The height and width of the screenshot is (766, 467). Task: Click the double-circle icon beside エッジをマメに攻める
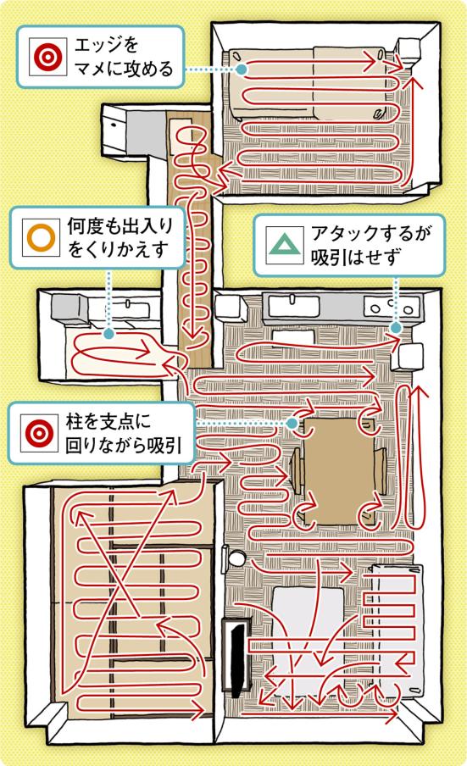click(47, 57)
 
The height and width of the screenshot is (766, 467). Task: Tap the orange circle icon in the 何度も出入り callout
click(41, 237)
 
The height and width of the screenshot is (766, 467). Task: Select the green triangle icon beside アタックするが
click(285, 245)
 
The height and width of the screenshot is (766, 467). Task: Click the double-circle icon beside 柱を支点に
click(39, 433)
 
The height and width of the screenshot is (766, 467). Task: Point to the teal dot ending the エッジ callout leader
click(241, 69)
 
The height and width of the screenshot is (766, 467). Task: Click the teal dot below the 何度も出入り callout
click(109, 334)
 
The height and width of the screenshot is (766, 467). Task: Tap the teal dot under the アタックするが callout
click(396, 328)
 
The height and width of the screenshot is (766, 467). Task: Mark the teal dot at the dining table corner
click(292, 423)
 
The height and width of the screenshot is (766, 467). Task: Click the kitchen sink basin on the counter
click(292, 306)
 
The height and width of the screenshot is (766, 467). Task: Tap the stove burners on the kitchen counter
click(392, 308)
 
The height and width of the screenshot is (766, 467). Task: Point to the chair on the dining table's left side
click(297, 472)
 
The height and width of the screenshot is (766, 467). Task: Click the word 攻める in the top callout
click(148, 69)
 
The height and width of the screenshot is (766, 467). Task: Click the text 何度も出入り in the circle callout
click(120, 226)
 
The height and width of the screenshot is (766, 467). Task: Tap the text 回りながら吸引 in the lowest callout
click(124, 445)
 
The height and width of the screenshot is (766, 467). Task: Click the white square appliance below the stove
click(409, 356)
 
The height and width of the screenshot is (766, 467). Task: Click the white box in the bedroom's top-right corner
click(409, 50)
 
